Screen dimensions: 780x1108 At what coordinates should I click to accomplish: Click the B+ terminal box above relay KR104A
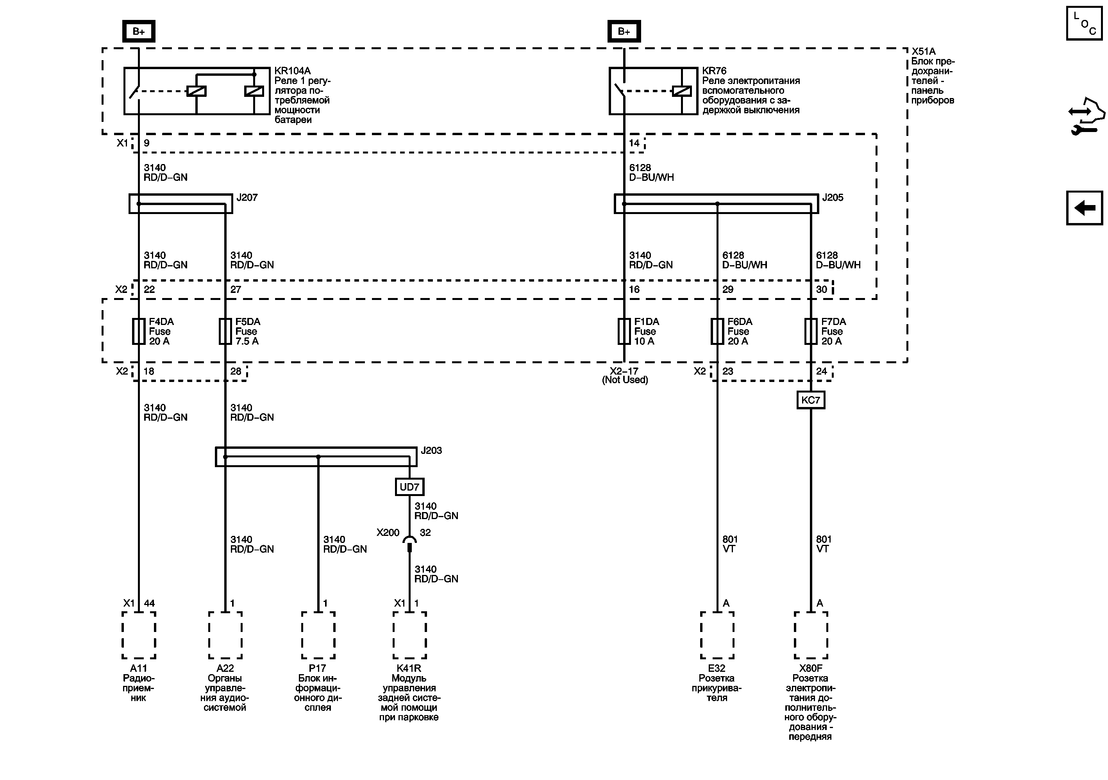click(138, 31)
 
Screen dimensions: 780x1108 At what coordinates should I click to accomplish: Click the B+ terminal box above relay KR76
click(624, 31)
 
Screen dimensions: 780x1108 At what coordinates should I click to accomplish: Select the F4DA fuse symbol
click(138, 331)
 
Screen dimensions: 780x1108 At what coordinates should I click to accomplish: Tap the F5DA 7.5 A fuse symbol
click(225, 331)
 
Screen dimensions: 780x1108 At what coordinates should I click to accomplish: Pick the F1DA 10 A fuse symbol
click(624, 331)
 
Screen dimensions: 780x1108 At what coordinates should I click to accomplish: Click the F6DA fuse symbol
click(717, 331)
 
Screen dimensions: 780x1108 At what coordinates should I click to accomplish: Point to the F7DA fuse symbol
click(811, 331)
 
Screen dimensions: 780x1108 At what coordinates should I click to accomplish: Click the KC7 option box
click(811, 400)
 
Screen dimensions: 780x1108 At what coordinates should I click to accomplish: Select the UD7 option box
click(409, 487)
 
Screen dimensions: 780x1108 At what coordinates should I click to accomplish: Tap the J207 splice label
click(247, 197)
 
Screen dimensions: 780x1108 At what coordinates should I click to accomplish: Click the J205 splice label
click(833, 197)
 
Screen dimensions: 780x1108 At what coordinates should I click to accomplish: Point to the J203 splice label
click(431, 450)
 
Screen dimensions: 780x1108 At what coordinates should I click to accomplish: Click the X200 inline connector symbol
click(409, 543)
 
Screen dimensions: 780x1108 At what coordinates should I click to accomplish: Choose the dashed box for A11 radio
click(138, 635)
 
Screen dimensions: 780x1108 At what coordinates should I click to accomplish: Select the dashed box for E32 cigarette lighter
click(717, 635)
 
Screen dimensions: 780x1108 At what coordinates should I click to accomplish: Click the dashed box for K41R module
click(409, 635)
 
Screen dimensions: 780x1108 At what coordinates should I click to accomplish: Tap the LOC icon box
click(1084, 23)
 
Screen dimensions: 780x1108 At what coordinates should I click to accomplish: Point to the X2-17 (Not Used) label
click(624, 375)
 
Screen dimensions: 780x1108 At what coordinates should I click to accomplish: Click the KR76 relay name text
click(714, 71)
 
